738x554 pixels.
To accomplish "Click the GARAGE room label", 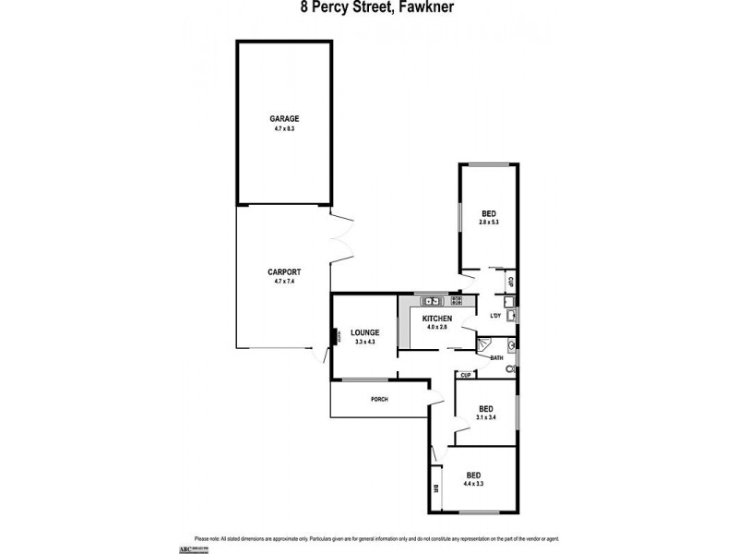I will click(284, 119).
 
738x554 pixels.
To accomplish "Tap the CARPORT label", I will click(284, 271).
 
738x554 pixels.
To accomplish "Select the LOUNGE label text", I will click(364, 333).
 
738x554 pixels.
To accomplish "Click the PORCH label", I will click(379, 399).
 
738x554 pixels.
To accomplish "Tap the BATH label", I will click(496, 358).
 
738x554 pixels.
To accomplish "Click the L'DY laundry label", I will click(496, 317).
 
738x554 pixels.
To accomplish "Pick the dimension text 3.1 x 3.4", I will click(485, 417).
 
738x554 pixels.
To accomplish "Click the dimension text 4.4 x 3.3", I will click(475, 483).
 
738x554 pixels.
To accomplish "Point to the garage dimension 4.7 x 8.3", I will click(284, 129).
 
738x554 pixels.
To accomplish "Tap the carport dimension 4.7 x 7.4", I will click(284, 281).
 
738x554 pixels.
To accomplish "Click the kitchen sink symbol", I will click(431, 301).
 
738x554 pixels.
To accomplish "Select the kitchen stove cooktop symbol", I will click(458, 301).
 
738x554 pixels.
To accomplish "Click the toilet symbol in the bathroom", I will click(509, 367).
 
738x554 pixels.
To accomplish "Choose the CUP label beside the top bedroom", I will click(510, 281).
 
